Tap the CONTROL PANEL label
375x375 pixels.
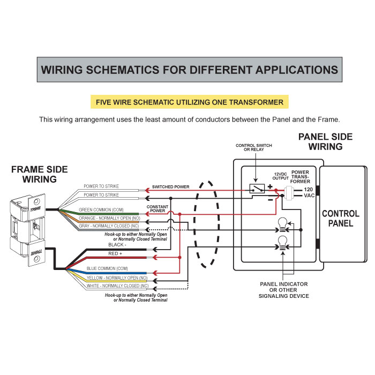pyautogui.click(x=340, y=219)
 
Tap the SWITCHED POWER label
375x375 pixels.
pyautogui.click(x=170, y=186)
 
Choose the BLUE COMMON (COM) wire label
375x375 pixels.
pyautogui.click(x=107, y=267)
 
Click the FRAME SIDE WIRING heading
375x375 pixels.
pyautogui.click(x=40, y=175)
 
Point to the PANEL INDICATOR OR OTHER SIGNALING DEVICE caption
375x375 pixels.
pyautogui.click(x=284, y=289)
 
